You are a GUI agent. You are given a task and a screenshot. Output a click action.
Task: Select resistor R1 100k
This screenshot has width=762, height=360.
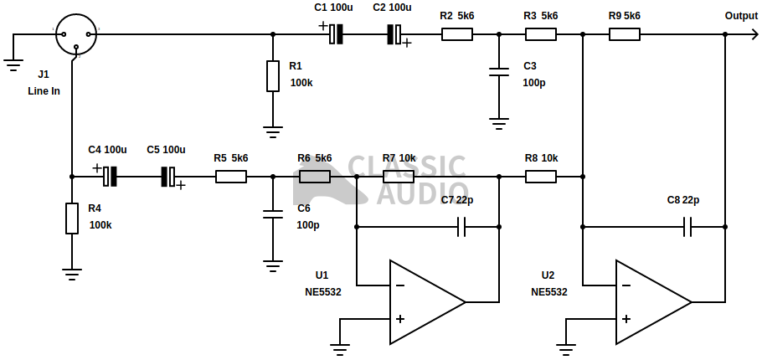[x=272, y=76]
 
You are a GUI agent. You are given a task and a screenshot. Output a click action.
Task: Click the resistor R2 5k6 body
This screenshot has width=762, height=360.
[x=456, y=34]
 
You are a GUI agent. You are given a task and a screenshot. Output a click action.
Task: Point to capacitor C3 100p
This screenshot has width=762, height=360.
[x=499, y=73]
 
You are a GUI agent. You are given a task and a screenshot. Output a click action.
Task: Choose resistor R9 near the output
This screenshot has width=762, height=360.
[x=624, y=34]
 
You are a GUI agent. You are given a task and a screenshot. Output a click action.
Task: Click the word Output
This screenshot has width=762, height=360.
[x=742, y=16]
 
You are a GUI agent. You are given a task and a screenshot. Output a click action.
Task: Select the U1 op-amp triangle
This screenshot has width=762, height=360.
[x=423, y=302]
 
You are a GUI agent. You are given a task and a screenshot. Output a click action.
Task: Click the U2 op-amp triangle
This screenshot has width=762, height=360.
[x=650, y=302]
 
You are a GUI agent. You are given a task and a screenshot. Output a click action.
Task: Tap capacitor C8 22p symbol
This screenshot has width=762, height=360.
[x=688, y=227]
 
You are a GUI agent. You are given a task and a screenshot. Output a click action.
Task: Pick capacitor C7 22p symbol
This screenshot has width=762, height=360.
[x=461, y=227]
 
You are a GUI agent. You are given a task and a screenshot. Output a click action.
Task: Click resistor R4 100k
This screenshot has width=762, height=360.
[x=72, y=219]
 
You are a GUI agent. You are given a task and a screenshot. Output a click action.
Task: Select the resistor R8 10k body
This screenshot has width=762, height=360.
[x=541, y=177]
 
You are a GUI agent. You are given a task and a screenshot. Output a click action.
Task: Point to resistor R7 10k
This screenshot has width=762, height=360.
[x=399, y=177]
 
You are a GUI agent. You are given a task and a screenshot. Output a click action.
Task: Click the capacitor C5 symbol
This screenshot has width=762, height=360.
[x=171, y=177]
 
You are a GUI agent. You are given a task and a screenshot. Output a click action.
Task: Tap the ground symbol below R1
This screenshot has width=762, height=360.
[x=272, y=131]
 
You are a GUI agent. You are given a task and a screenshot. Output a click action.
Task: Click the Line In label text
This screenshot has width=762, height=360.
[x=44, y=90]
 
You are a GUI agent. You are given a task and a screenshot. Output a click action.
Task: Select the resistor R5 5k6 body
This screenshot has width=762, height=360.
[x=230, y=177]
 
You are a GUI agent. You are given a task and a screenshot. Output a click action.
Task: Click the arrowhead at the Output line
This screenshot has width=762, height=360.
[x=728, y=34]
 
